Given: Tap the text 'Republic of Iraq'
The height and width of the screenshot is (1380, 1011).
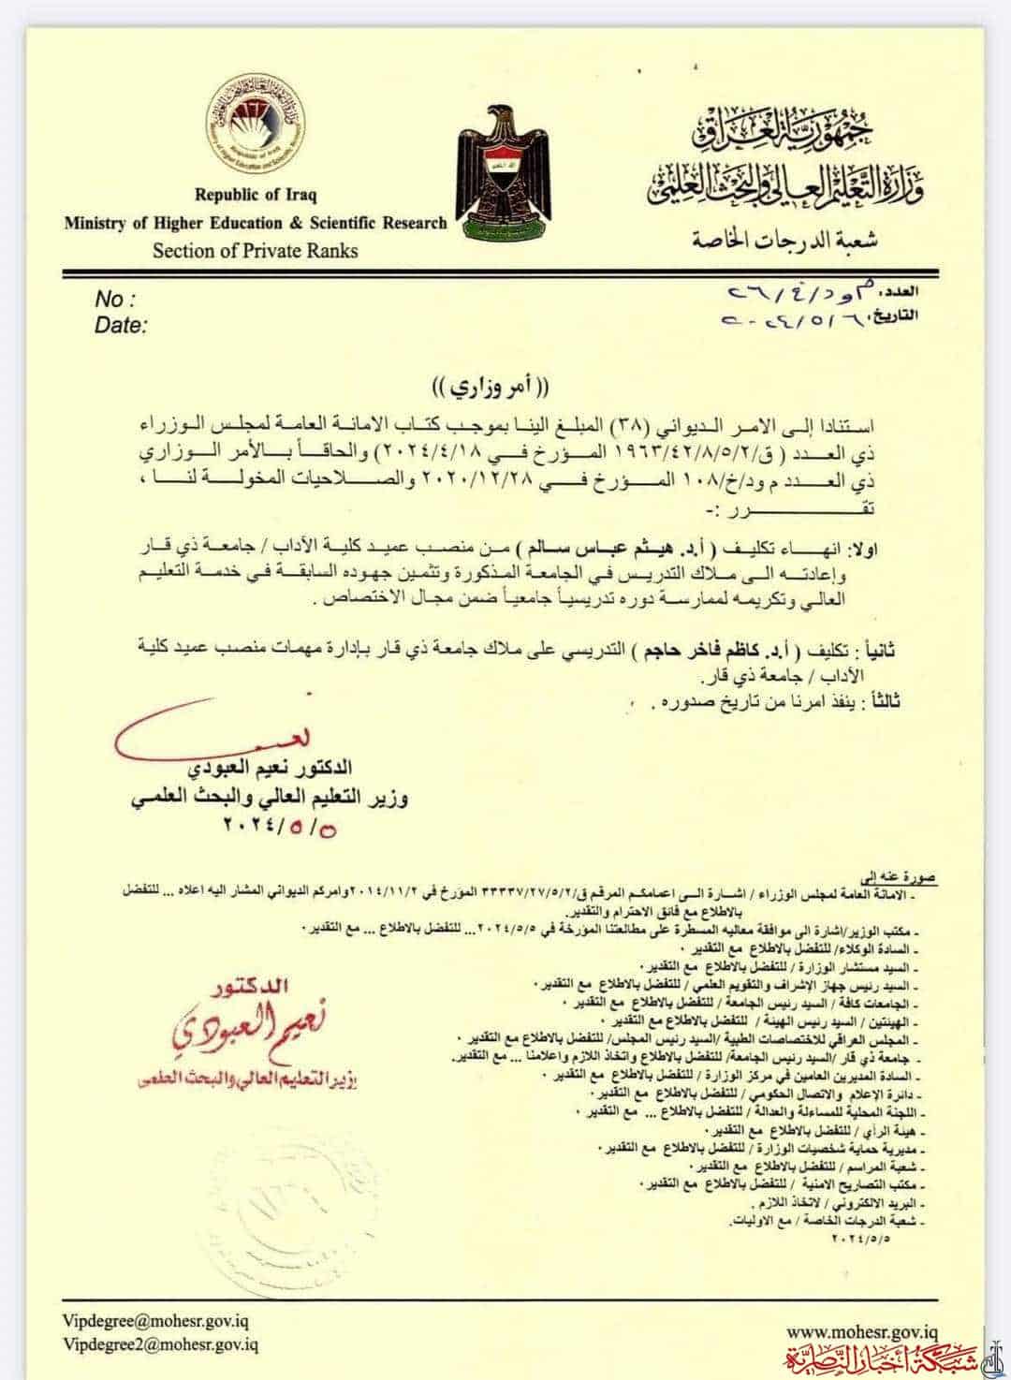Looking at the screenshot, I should [255, 196].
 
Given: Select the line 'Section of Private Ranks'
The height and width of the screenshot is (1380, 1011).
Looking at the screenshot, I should [255, 250].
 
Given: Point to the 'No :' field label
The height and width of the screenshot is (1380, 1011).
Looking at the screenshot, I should [115, 300].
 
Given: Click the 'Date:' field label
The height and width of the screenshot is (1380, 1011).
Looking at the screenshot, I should [121, 325].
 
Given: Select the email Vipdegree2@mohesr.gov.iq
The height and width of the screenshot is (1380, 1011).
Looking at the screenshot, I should [161, 1344].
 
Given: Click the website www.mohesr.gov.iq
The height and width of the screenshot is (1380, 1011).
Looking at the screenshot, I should [862, 1330].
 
